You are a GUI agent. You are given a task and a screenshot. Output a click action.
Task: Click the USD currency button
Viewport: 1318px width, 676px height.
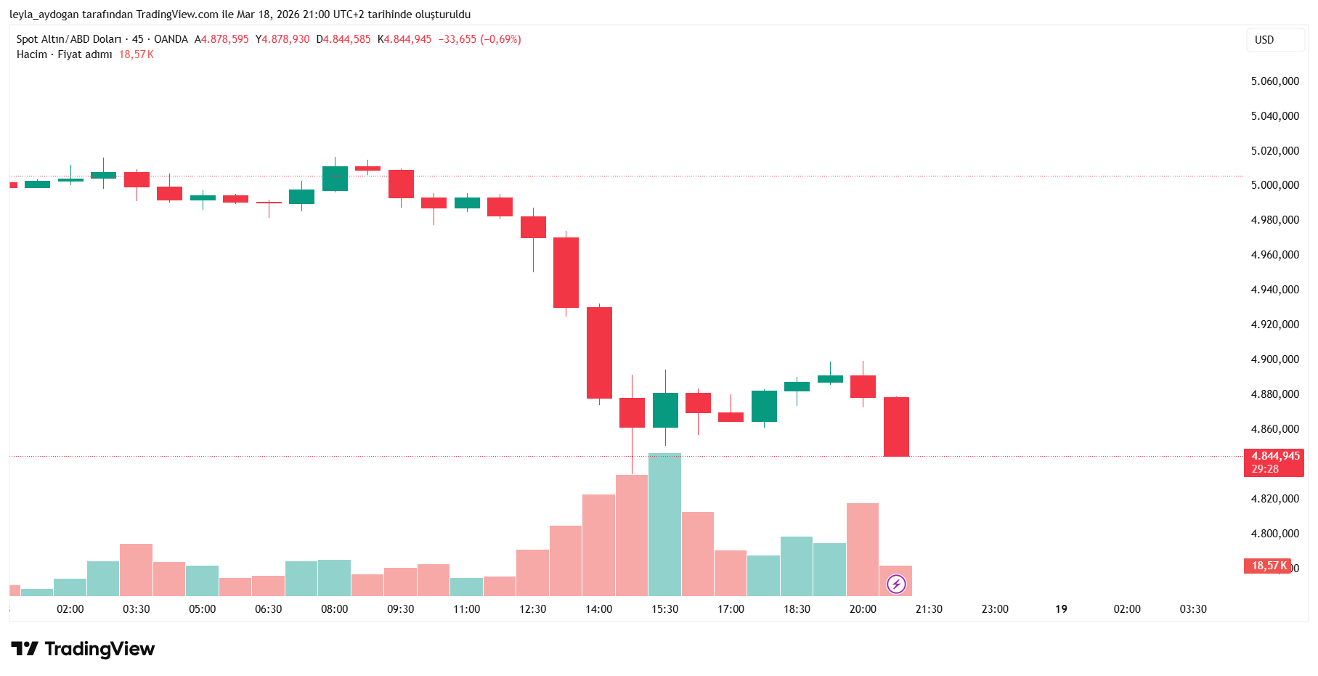tap(1264, 40)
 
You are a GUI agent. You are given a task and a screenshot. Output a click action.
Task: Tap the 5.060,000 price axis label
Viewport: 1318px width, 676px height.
tap(1274, 81)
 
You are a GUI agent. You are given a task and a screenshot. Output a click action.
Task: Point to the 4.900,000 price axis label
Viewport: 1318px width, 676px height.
tap(1274, 359)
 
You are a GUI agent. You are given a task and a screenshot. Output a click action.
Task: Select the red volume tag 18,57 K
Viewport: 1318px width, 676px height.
tap(1268, 566)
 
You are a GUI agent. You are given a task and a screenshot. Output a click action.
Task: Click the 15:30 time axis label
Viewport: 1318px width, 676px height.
tap(664, 609)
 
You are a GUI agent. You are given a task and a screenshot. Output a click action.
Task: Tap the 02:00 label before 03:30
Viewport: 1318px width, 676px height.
tap(70, 609)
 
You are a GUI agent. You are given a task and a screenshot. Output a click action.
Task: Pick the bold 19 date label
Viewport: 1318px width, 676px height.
tap(1061, 609)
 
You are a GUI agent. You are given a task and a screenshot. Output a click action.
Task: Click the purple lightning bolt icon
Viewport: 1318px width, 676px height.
tap(896, 584)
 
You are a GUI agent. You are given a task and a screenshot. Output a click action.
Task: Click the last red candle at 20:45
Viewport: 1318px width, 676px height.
tap(896, 427)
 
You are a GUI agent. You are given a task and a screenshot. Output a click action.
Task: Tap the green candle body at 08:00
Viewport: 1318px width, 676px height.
tap(335, 179)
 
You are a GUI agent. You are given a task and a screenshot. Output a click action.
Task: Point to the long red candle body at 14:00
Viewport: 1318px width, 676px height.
tap(599, 353)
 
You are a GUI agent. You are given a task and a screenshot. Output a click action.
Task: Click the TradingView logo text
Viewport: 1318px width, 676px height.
tap(99, 648)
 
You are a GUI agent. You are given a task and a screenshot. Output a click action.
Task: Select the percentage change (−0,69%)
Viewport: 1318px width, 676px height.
tap(500, 39)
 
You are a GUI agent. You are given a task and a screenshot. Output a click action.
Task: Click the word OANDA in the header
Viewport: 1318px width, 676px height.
tap(171, 39)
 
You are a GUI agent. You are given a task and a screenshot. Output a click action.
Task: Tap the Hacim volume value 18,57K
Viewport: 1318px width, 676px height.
tap(136, 54)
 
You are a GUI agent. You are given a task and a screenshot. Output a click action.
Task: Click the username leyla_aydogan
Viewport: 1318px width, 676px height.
tap(44, 15)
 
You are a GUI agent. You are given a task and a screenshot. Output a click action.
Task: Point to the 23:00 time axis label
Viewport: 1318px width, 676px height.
tap(995, 609)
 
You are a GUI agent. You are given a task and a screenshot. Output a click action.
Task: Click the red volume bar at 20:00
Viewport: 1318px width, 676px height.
tap(863, 549)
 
